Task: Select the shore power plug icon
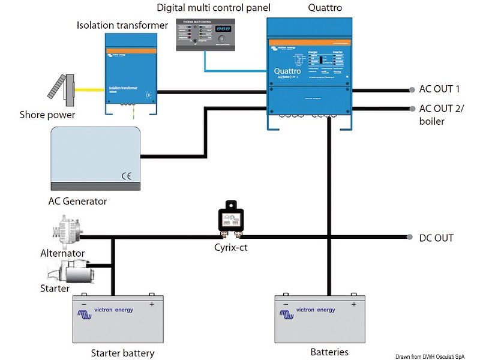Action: tap(61, 87)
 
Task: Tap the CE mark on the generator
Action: tap(127, 176)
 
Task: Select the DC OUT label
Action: tap(436, 238)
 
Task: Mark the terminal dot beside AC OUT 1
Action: tap(412, 90)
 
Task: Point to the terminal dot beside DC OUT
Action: tap(412, 238)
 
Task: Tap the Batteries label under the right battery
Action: tap(329, 352)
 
